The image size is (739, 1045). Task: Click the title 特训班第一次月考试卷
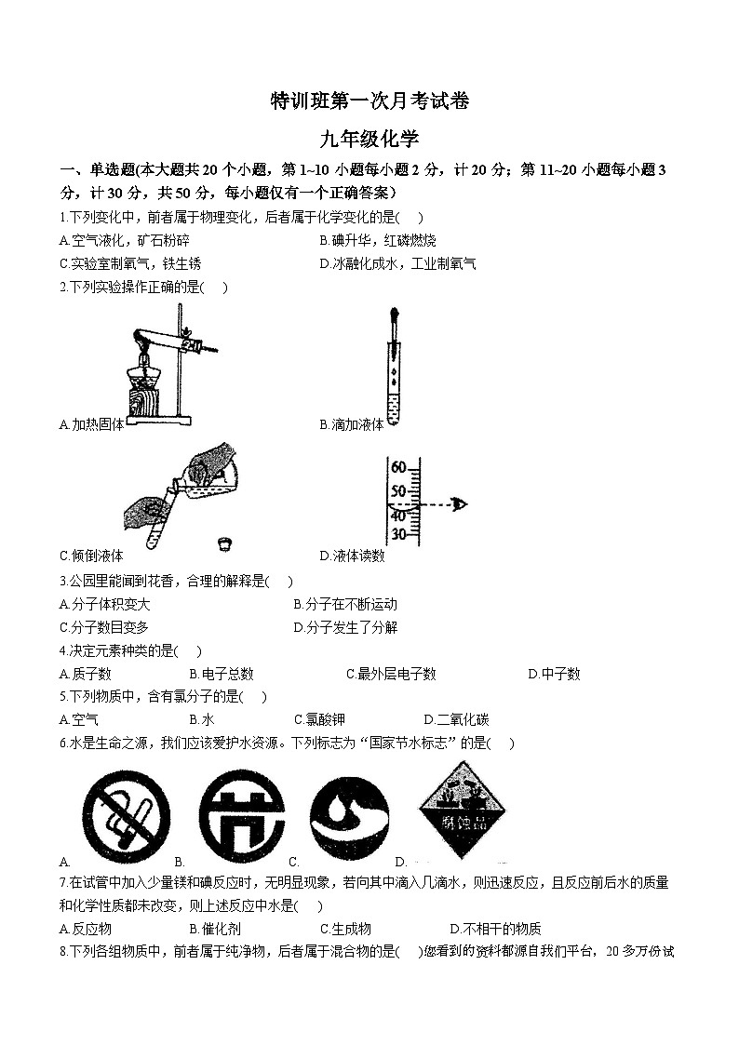tap(369, 101)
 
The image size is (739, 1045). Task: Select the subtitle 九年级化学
tap(369, 140)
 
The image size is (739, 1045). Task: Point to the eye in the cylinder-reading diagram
tap(457, 504)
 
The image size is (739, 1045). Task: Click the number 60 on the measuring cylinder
tap(398, 467)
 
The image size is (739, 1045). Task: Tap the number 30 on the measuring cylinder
tap(398, 534)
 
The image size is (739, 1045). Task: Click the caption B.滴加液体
tap(351, 424)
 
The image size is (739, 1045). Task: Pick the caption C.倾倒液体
tap(91, 556)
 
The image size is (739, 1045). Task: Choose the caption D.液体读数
tap(351, 556)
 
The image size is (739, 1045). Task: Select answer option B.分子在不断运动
tap(344, 605)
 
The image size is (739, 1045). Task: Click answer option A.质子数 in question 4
tap(85, 674)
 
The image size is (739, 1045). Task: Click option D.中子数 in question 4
tap(554, 674)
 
